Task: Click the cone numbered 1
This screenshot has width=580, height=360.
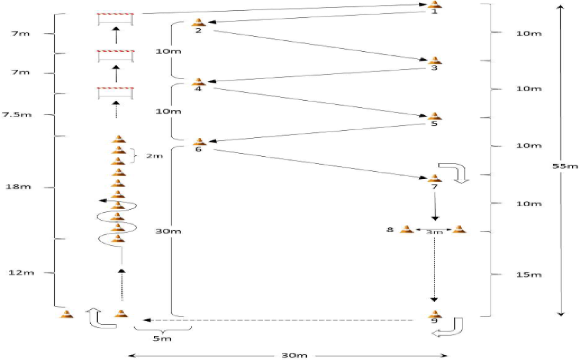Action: tap(434, 4)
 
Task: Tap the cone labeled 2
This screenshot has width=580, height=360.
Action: tap(198, 22)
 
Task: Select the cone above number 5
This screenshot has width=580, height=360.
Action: tap(434, 116)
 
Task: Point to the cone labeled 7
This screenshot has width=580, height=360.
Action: tap(434, 178)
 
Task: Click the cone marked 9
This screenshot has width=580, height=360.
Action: tap(434, 313)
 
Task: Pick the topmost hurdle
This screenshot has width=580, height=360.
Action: tap(115, 19)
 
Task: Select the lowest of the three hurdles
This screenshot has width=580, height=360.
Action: tap(115, 93)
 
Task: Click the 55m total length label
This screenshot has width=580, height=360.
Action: tap(565, 166)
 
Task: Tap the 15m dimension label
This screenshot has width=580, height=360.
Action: tap(529, 275)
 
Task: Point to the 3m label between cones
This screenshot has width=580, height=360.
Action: tap(433, 233)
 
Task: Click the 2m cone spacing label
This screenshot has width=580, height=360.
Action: tap(154, 156)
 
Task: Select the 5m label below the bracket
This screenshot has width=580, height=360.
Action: tap(162, 338)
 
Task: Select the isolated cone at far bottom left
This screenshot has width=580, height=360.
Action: tap(67, 314)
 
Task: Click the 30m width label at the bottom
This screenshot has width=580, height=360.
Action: tap(289, 356)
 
